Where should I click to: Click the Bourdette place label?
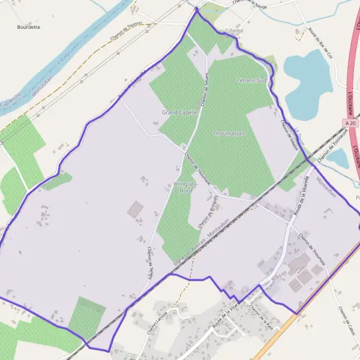point(29,27)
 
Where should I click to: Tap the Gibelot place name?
point(233,29)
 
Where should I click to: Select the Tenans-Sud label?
point(251,80)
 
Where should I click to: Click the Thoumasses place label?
point(229,133)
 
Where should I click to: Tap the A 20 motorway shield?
point(351,122)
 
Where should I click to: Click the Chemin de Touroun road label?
point(127,32)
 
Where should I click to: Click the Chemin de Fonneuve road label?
point(333,147)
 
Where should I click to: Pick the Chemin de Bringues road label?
point(207,213)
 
